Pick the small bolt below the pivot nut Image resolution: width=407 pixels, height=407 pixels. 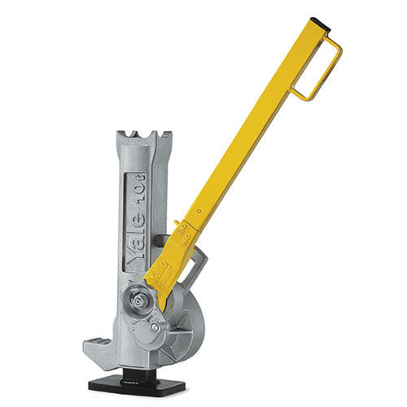[155, 326]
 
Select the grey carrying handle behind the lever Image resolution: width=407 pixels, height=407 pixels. [196, 269]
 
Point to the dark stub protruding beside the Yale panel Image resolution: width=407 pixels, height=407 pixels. [160, 239]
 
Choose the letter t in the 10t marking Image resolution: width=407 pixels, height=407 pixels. [134, 176]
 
